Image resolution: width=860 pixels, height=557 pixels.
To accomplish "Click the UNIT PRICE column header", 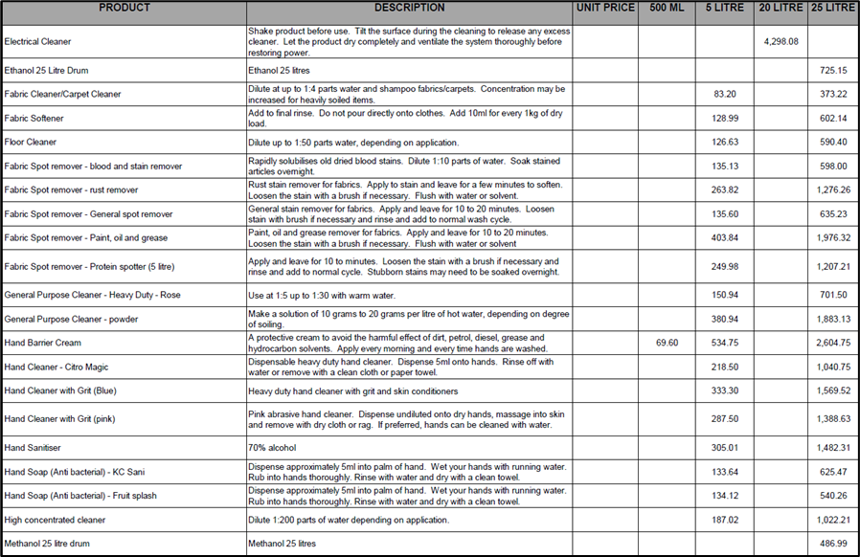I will pyautogui.click(x=605, y=8).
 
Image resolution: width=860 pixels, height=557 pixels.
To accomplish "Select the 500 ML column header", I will pyautogui.click(x=667, y=8).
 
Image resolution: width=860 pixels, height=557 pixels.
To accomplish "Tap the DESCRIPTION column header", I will pyautogui.click(x=409, y=8).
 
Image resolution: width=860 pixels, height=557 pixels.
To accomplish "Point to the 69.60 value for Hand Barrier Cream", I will pyautogui.click(x=667, y=343).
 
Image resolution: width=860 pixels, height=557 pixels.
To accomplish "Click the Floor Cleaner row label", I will pyautogui.click(x=31, y=143).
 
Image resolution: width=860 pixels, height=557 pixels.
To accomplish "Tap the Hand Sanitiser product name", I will pyautogui.click(x=34, y=448).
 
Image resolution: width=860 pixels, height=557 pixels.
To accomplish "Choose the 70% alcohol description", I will pyautogui.click(x=273, y=448).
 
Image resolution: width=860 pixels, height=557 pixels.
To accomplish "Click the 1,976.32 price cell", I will pyautogui.click(x=829, y=238).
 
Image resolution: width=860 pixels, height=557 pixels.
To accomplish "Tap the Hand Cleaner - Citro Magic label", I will pyautogui.click(x=57, y=367).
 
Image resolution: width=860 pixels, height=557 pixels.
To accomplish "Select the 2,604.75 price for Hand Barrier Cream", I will pyautogui.click(x=829, y=343).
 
